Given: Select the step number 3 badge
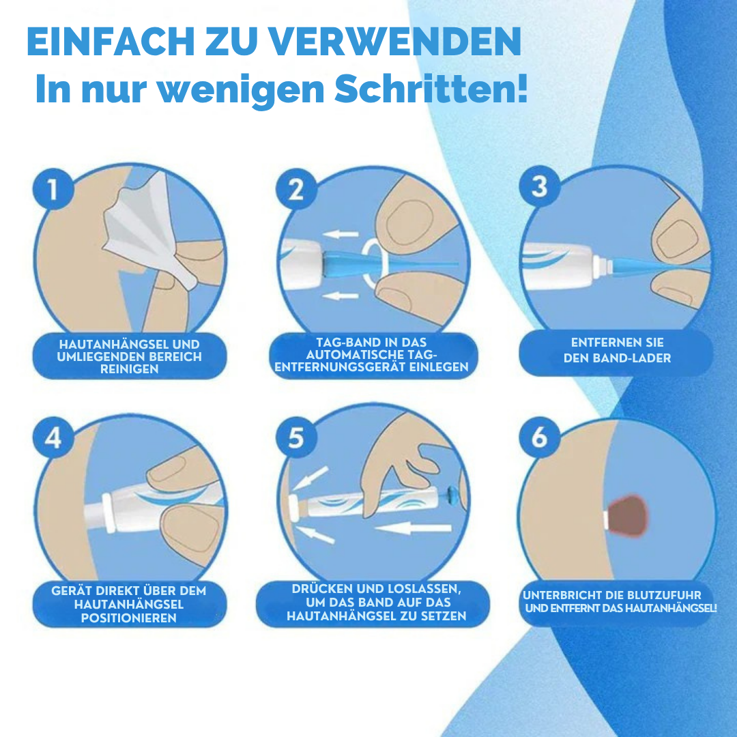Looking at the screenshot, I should click(539, 186).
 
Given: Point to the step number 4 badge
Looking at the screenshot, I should click(53, 437).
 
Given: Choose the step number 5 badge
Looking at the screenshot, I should click(295, 437).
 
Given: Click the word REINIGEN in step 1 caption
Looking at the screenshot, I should click(129, 369).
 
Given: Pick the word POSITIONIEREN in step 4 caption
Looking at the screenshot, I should click(129, 618).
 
